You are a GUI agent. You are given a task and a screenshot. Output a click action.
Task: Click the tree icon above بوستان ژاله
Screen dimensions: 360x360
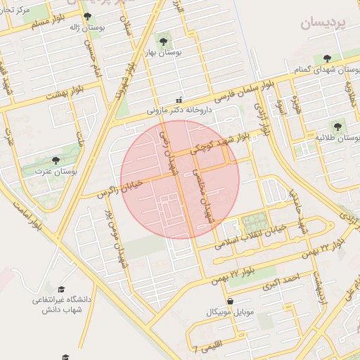click(87, 16)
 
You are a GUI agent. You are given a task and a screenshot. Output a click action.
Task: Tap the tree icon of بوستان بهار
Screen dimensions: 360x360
click(164, 41)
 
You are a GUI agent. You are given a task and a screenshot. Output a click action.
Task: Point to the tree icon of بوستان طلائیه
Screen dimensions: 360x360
click(337, 127)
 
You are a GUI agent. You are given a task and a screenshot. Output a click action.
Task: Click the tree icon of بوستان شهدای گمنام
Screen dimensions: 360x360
click(326, 58)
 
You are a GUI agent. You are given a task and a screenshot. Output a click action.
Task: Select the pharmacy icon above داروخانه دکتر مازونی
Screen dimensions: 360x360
click(178, 100)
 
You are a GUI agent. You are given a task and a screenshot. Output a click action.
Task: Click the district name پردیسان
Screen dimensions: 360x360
click(324, 23)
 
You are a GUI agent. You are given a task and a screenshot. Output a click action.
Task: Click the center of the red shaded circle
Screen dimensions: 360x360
click(180, 179)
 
